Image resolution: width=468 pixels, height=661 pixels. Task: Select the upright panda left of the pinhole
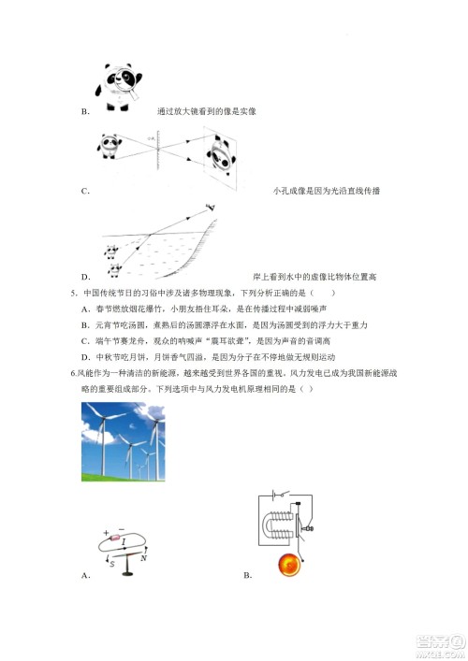[x=111, y=144]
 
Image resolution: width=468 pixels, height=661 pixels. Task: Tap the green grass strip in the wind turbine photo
[x=123, y=477]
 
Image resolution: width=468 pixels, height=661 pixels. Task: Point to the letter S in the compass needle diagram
[x=111, y=563]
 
